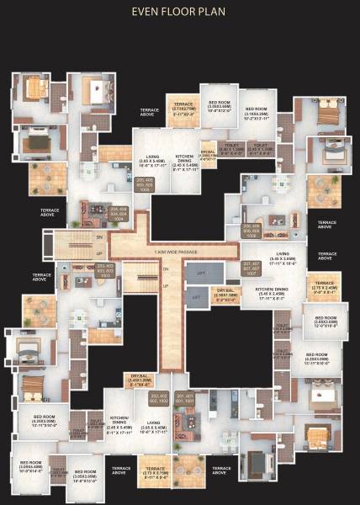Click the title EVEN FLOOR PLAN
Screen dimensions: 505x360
(179, 13)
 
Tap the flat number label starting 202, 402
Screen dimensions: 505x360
(158, 398)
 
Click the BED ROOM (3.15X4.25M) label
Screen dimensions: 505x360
(256, 113)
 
